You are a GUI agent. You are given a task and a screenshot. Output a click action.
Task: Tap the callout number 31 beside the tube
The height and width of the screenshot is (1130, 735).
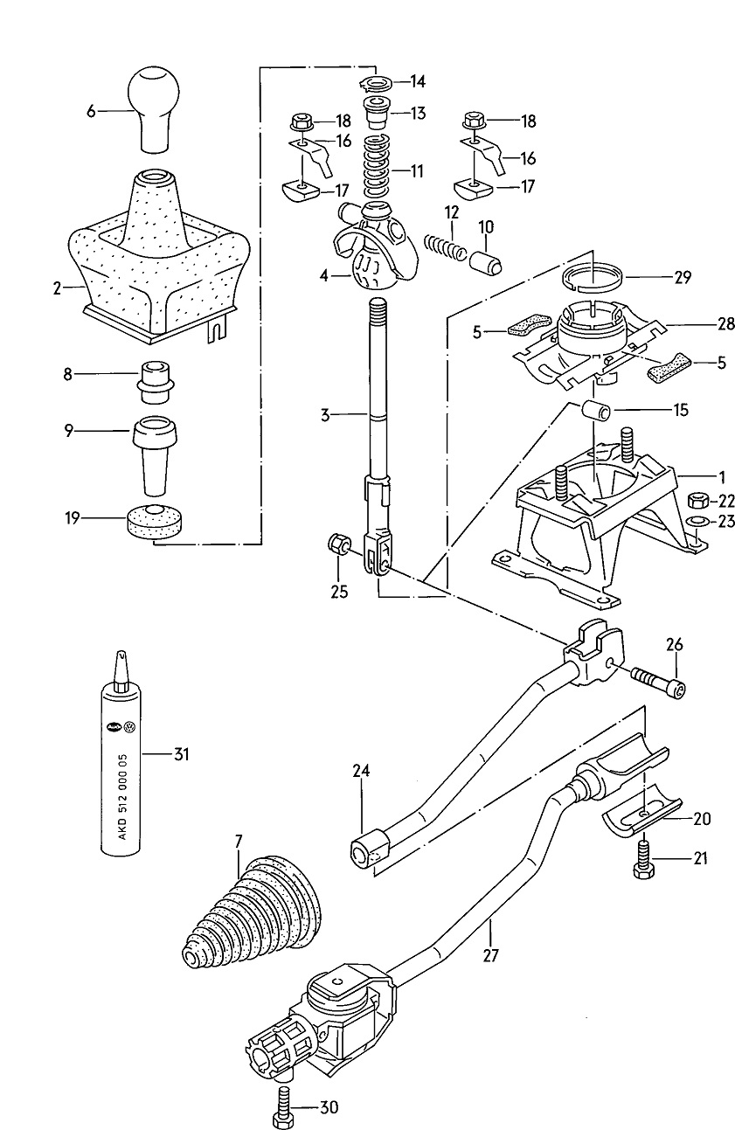pos(180,753)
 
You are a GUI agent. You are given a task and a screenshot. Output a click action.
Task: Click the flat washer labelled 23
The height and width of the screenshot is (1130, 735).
pos(697,523)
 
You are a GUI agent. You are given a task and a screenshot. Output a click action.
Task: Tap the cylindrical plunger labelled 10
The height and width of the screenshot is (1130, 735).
pos(486,260)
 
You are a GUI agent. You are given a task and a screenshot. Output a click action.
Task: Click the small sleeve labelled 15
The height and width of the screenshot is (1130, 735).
pos(596,410)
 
